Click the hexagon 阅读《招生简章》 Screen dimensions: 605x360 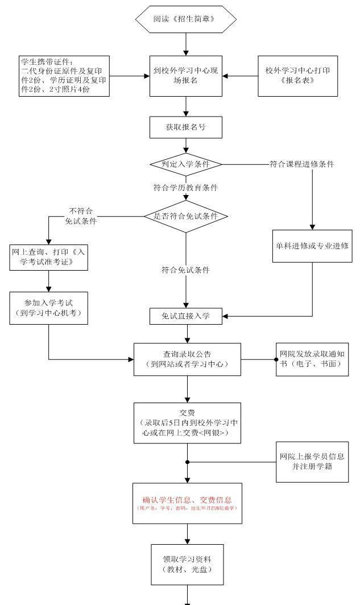pos(185,19)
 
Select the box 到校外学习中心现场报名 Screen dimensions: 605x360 pos(185,76)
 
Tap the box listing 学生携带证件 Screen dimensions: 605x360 pos(63,76)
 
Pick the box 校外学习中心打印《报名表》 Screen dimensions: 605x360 pos(297,76)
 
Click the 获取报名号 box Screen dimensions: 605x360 pos(185,127)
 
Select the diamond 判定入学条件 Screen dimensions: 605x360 pos(185,164)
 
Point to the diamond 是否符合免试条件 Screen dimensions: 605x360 pos(185,216)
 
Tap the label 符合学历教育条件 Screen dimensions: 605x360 pos(185,187)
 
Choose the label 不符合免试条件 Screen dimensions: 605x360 pos(81,216)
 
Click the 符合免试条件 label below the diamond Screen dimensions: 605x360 pos(185,270)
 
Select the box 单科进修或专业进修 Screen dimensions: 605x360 pos(312,246)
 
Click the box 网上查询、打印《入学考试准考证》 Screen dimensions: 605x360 pos(49,257)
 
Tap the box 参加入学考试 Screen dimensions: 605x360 pos(49,308)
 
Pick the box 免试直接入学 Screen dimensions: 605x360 pos(186,317)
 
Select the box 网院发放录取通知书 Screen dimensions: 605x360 pos(312,359)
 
